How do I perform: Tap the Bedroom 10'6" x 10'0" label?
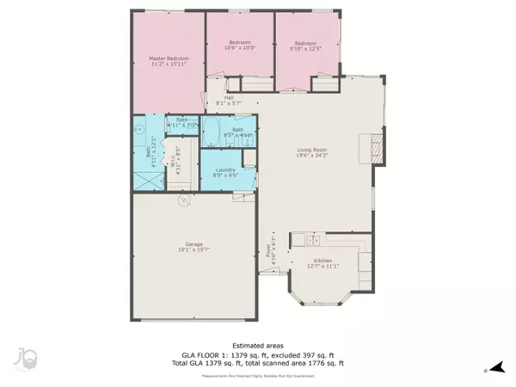(x=240, y=46)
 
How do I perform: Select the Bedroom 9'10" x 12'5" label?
(x=307, y=46)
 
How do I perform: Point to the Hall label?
(x=229, y=101)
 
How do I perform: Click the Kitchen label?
(x=322, y=264)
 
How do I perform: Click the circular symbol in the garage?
(x=182, y=201)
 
